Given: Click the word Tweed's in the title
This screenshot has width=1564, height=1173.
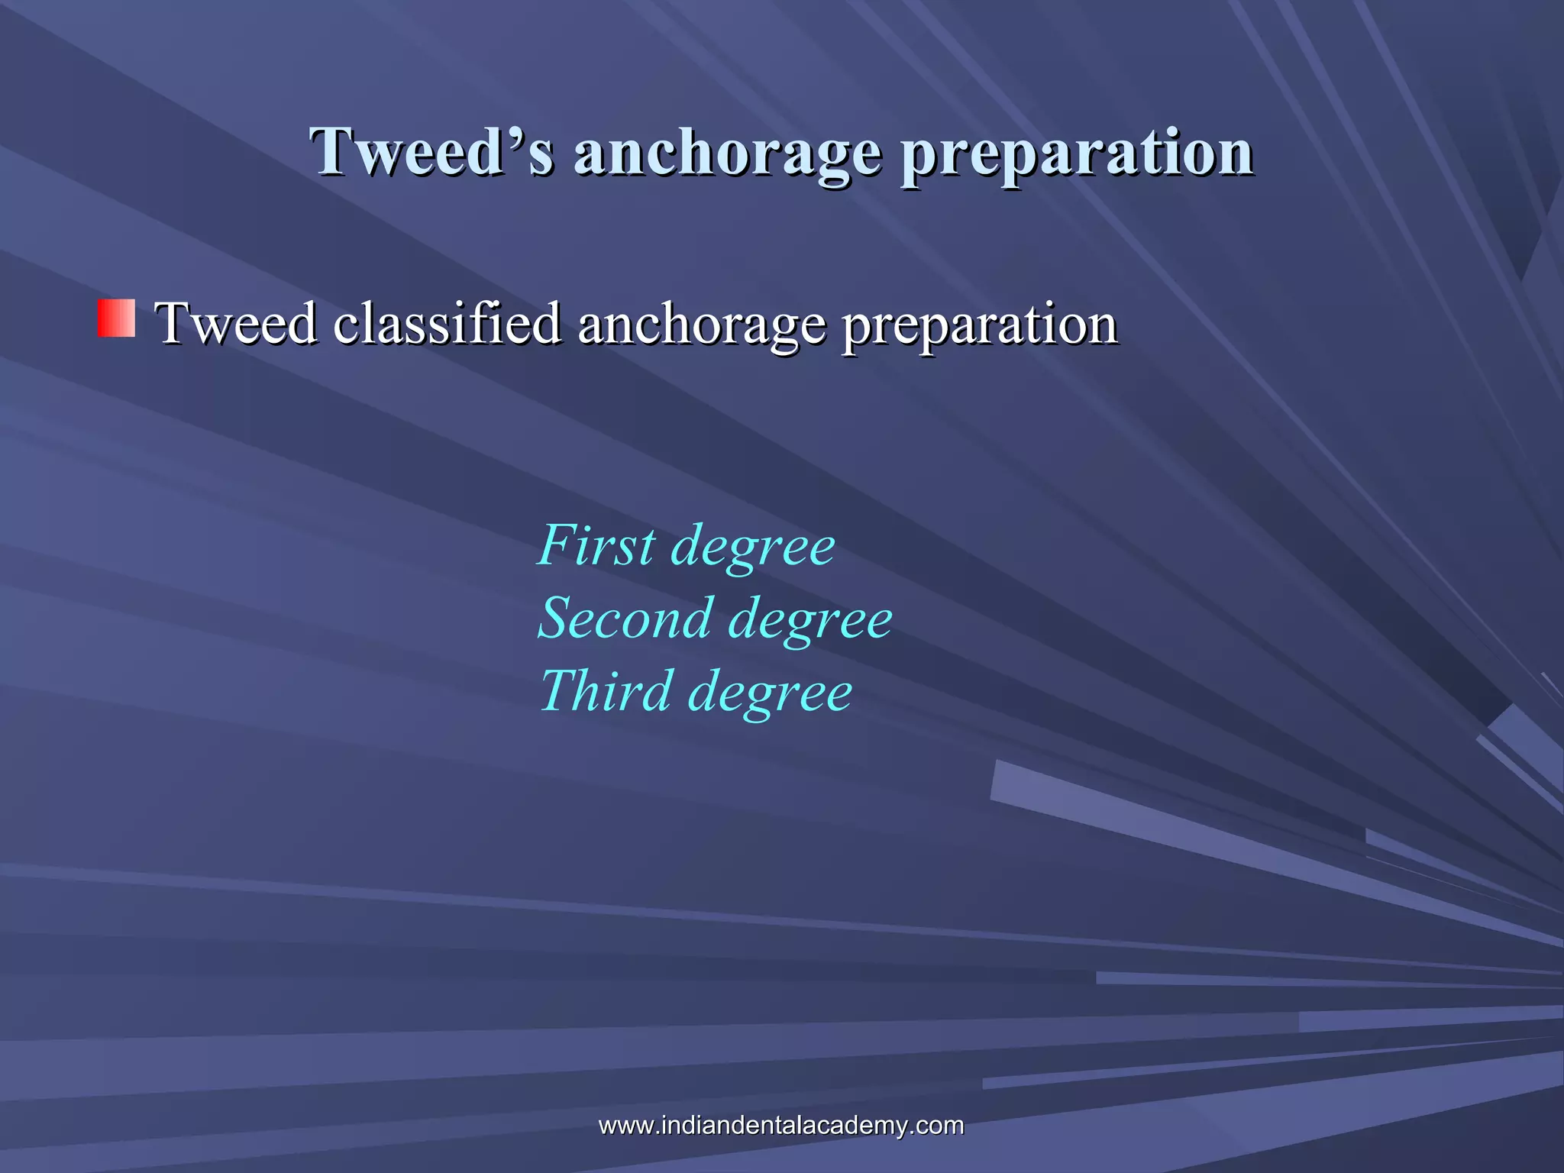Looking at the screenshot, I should coord(431,151).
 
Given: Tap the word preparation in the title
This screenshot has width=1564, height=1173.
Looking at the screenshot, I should coord(1077,153).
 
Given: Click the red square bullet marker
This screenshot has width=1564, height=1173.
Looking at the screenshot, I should coord(116,318).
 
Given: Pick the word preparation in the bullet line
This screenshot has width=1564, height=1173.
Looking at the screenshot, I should coord(980,325).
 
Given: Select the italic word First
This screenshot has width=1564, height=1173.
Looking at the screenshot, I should coord(596,545).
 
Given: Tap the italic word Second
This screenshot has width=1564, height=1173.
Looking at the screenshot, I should coord(625,618).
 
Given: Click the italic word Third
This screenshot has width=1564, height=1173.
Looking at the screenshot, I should coord(606,690).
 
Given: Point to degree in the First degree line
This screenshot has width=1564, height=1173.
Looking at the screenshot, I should coord(752,548).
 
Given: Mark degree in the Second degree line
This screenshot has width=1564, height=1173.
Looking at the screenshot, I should coord(809,621).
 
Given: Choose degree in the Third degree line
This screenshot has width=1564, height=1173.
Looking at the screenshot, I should coord(770,693).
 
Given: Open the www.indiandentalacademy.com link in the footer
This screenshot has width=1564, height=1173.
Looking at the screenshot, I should coord(780,1125).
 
